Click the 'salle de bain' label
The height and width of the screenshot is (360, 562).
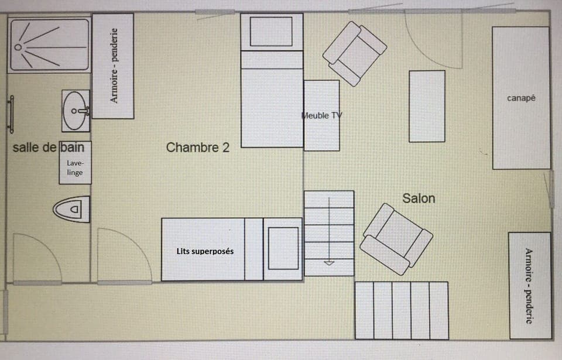(x=48, y=148)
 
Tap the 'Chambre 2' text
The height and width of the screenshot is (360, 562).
(x=197, y=148)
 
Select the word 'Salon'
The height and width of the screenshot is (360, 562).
(x=419, y=198)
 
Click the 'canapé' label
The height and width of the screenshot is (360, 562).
(x=521, y=98)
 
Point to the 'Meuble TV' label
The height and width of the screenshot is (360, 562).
(x=321, y=115)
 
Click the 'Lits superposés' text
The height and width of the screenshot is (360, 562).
(x=205, y=251)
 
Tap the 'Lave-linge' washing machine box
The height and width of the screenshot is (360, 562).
(x=75, y=167)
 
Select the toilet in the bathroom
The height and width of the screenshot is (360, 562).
(x=71, y=209)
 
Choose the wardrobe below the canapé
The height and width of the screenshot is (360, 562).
(x=529, y=286)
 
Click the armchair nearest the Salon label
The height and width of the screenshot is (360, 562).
(x=396, y=239)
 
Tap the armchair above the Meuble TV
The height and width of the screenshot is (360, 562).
(x=355, y=53)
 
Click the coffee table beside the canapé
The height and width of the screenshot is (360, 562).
(x=427, y=106)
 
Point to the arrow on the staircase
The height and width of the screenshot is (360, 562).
(x=329, y=262)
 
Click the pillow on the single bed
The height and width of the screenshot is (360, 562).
(x=271, y=32)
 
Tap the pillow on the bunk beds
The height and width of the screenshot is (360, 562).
(x=283, y=248)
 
